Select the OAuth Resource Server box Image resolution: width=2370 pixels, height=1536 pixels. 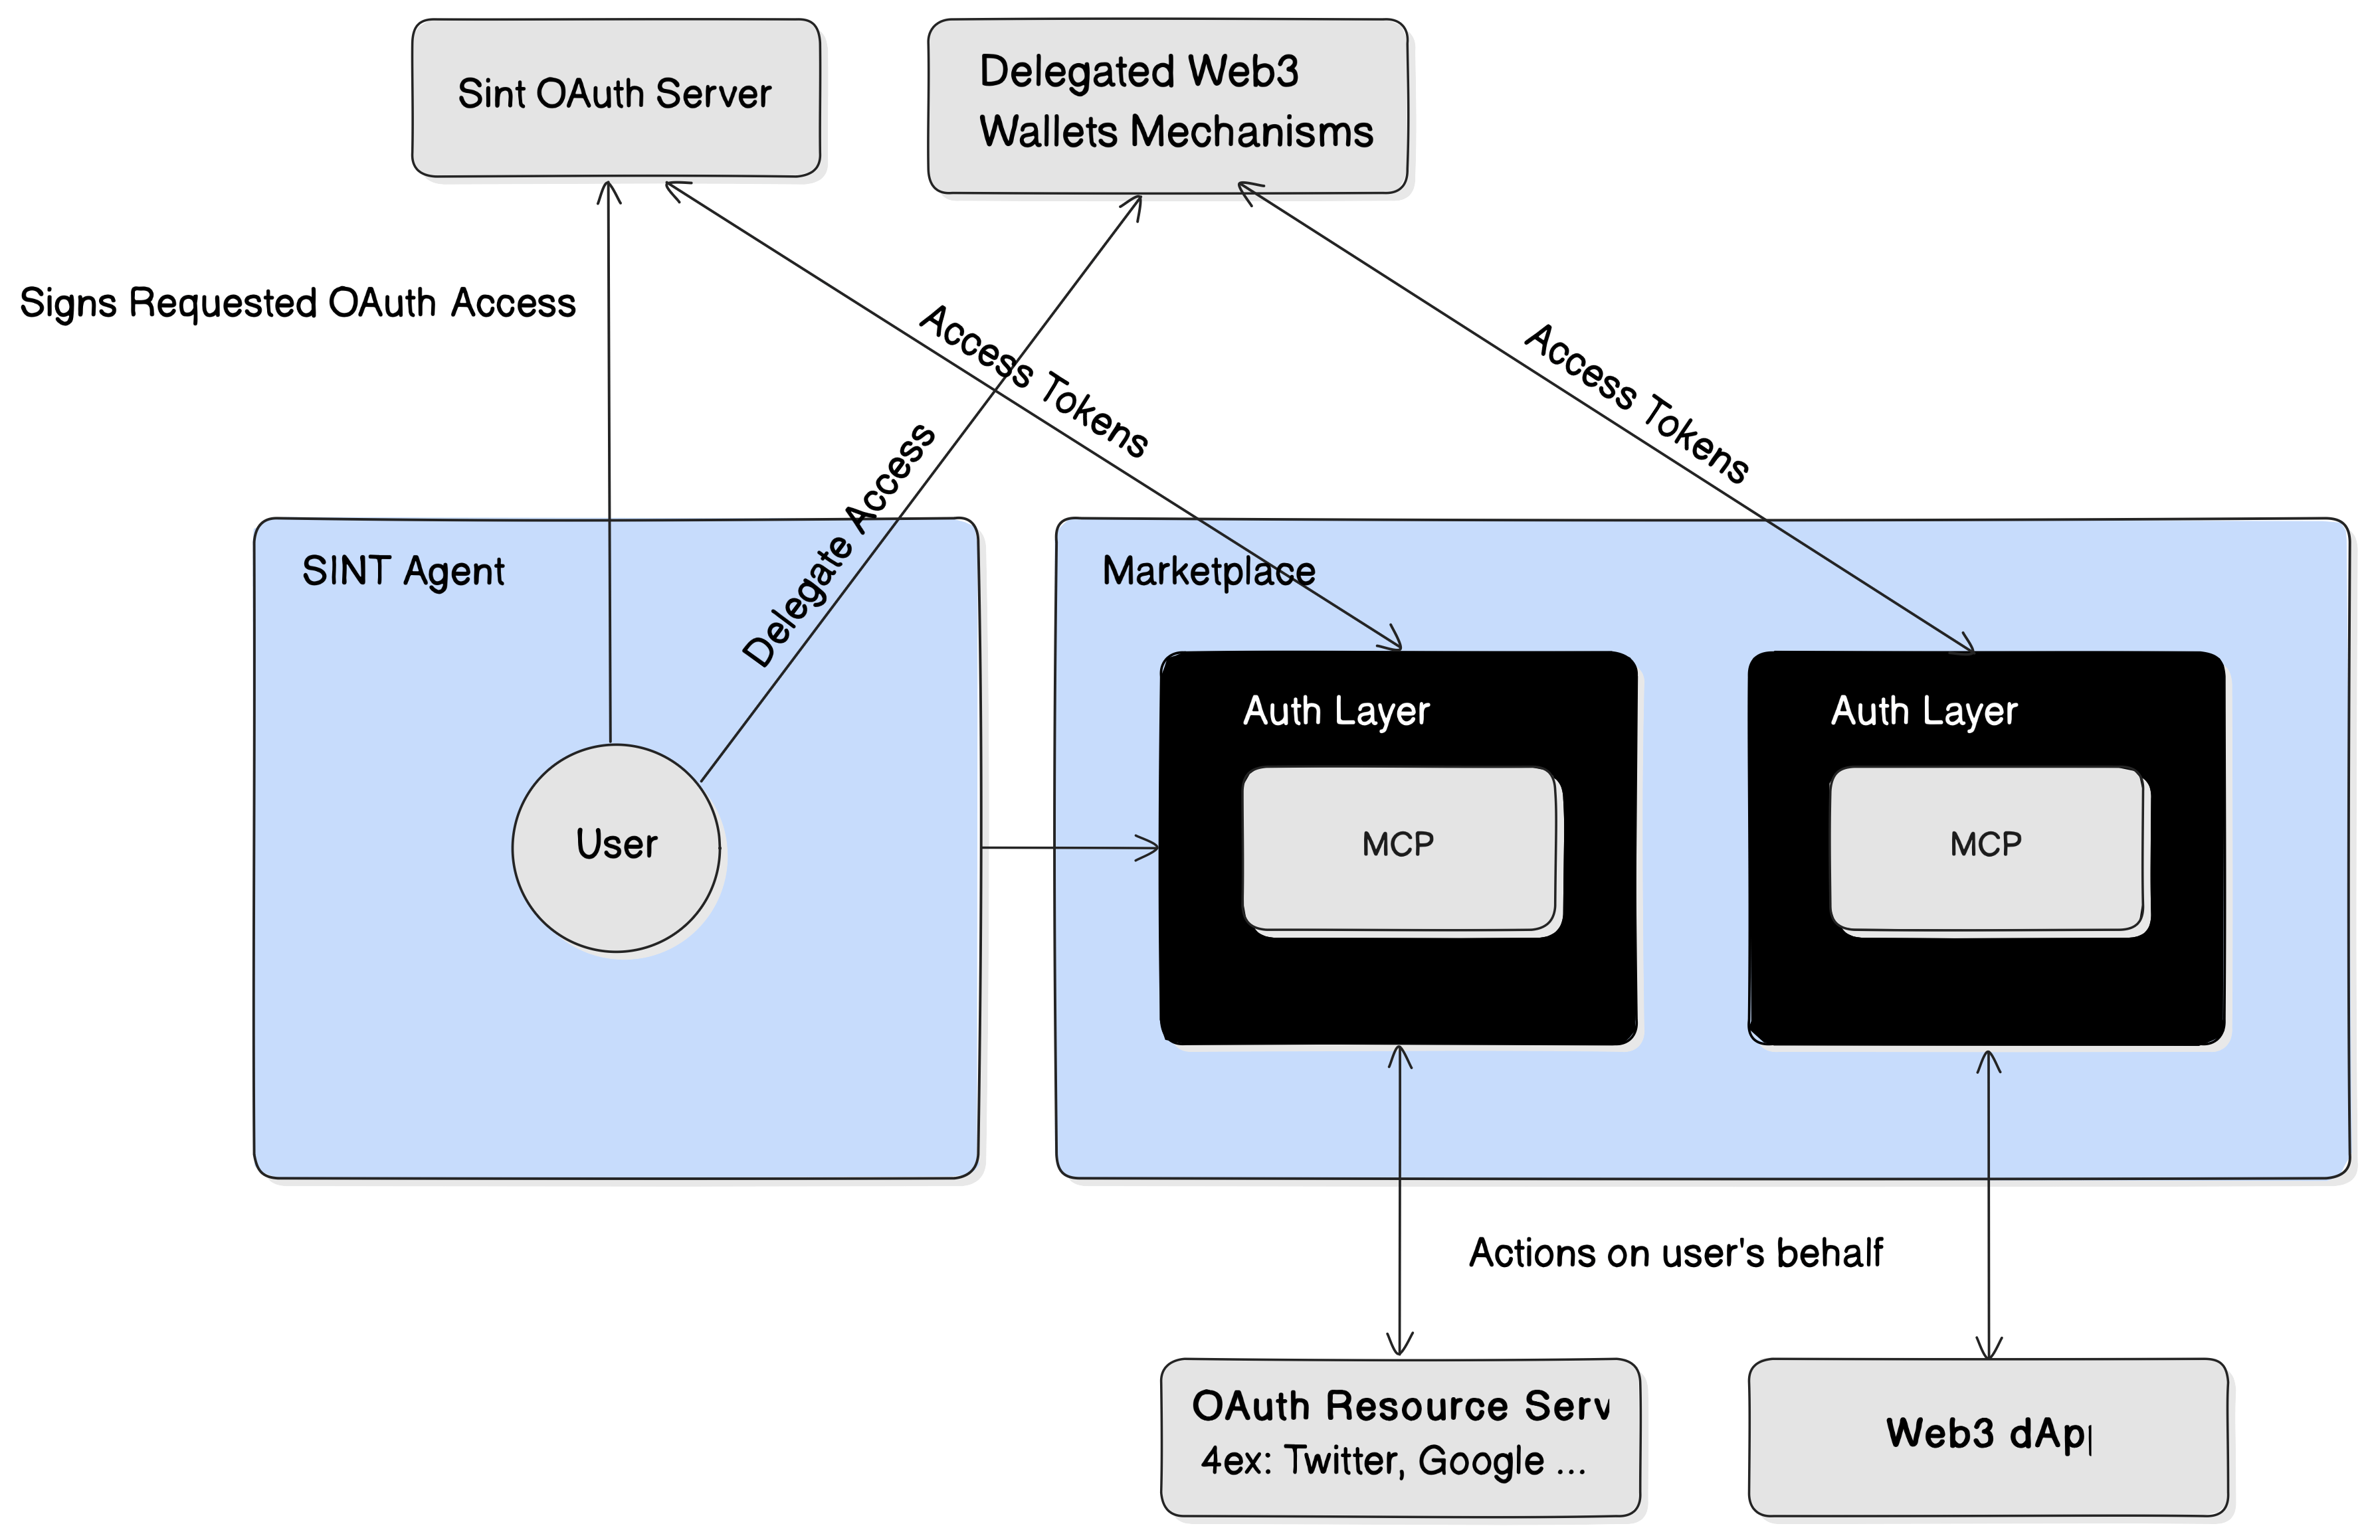click(1399, 1436)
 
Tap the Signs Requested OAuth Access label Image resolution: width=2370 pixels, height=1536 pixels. click(298, 303)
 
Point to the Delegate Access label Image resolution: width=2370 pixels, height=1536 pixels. click(839, 545)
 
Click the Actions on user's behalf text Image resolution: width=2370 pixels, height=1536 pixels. click(1675, 1253)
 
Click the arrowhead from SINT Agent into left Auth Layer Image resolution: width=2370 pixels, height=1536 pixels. click(1150, 848)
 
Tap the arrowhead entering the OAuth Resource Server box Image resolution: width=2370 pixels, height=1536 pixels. click(1399, 1347)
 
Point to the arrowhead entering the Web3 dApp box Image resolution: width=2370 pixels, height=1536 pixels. click(1989, 1349)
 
